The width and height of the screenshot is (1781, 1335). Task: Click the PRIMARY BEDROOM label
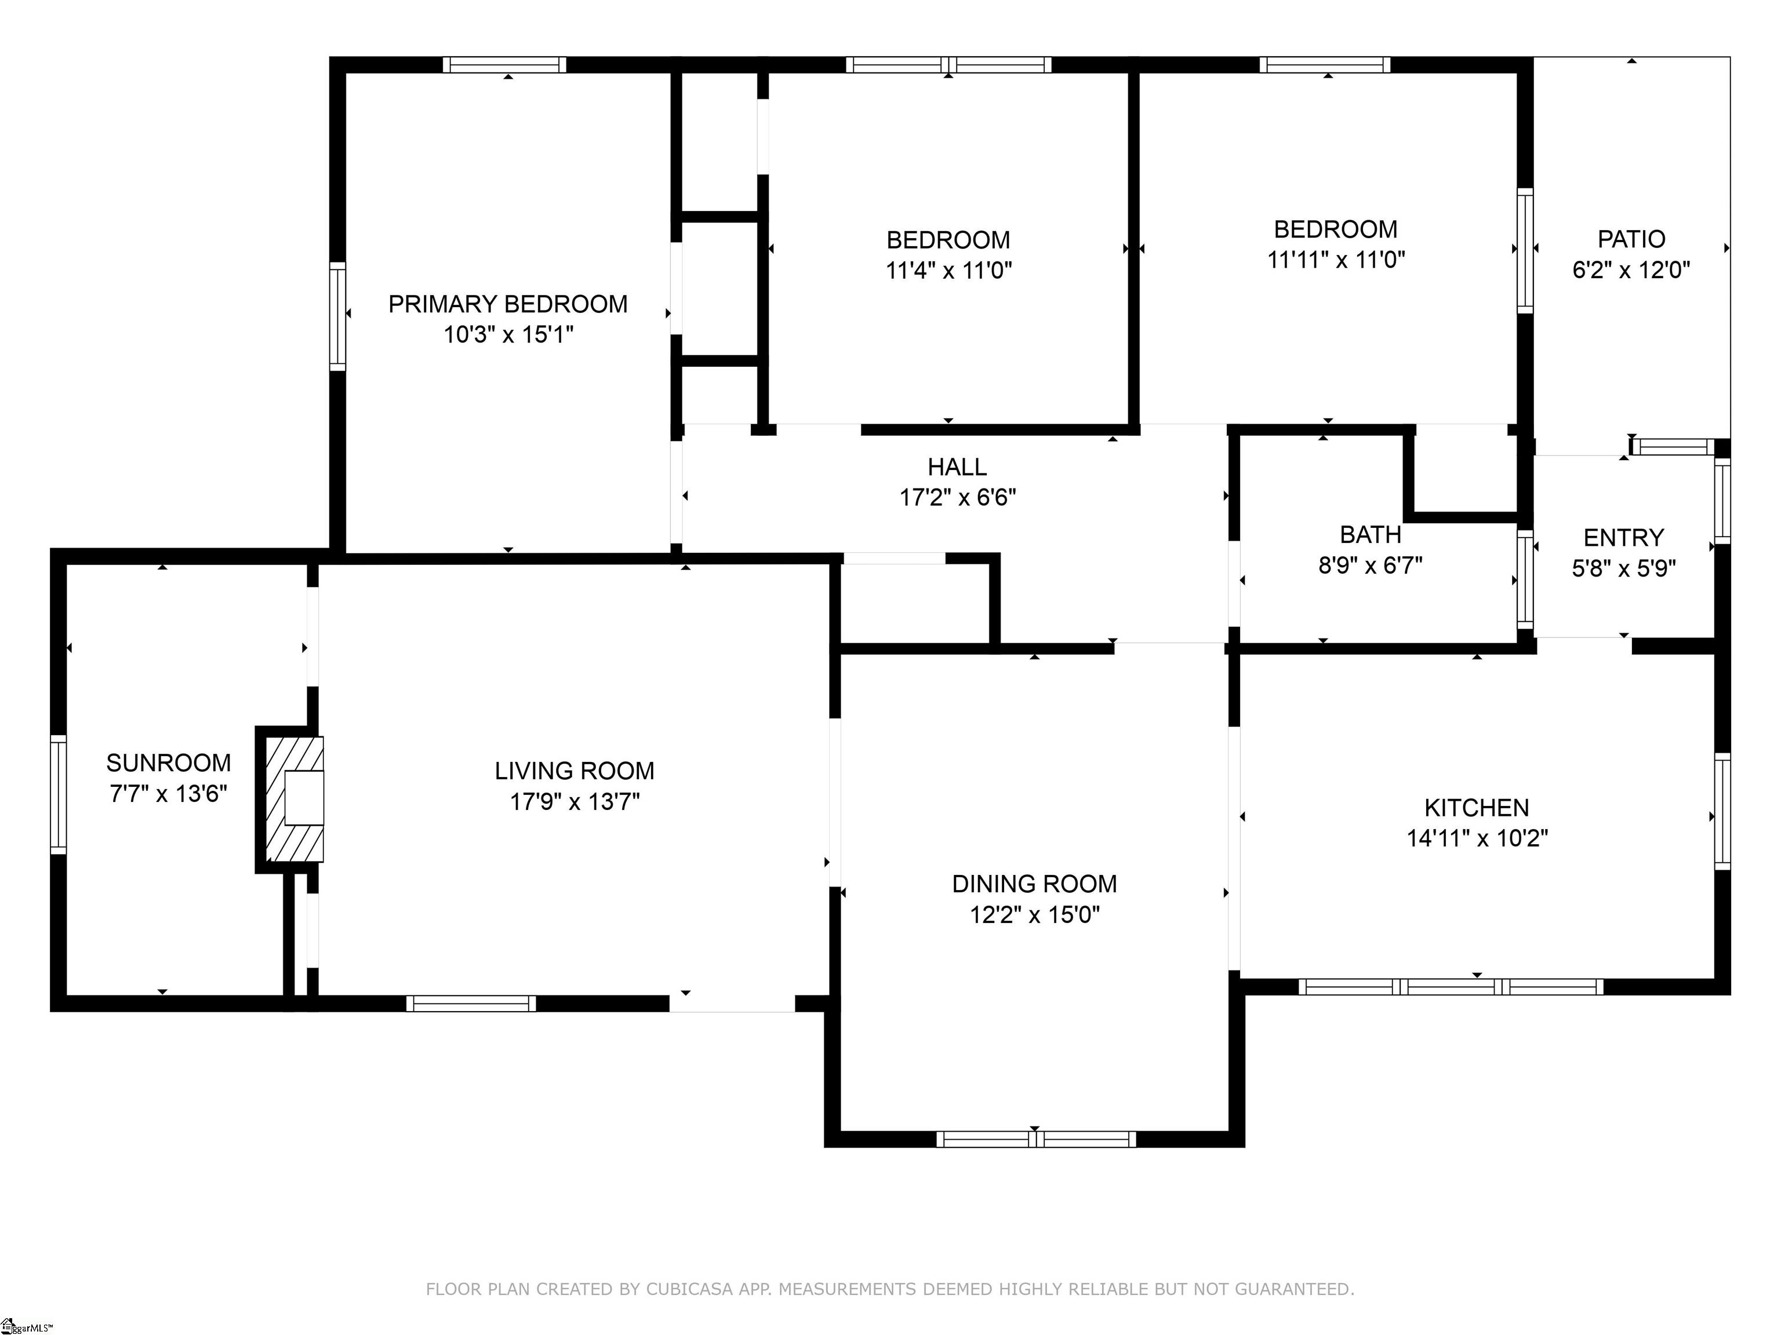pos(507,304)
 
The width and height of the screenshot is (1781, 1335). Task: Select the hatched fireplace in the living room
pos(295,799)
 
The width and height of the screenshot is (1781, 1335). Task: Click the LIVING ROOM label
pos(574,771)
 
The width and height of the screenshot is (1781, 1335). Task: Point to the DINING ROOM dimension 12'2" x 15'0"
pos(1035,915)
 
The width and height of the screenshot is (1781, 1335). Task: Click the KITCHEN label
pos(1477,808)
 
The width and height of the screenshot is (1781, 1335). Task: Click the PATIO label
pos(1631,239)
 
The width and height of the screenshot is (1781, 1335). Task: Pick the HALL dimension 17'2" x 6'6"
pos(957,497)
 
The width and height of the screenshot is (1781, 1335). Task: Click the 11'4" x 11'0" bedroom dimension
pos(948,271)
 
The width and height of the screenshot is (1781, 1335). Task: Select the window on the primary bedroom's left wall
pos(338,316)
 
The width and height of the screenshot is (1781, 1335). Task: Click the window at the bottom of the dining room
pos(1036,1139)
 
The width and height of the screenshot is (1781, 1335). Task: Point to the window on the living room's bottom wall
pos(471,1004)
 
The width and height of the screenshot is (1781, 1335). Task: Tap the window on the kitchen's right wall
pos(1722,811)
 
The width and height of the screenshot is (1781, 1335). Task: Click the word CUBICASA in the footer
pos(689,1289)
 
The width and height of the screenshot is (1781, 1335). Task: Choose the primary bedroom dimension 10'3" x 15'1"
pos(508,335)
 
